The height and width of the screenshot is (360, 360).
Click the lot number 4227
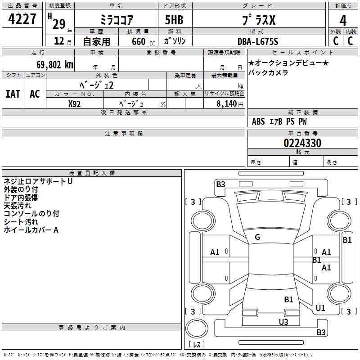tap(22, 19)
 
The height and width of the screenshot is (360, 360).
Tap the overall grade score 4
tap(343, 21)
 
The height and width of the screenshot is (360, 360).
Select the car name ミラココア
tap(116, 21)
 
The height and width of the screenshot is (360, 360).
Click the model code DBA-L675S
tap(258, 41)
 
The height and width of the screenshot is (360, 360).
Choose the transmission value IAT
tap(13, 94)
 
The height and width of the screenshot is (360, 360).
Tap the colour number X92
tap(75, 103)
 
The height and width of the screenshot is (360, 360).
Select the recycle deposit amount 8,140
tap(226, 103)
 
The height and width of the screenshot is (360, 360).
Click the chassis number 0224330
tap(302, 144)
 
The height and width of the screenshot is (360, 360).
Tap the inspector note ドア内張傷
tap(21, 198)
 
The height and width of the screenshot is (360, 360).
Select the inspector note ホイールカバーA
tap(31, 230)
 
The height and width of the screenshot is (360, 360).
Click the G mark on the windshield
tap(257, 237)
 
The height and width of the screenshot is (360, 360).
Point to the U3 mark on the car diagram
tap(283, 322)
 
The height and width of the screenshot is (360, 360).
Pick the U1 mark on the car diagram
tap(320, 308)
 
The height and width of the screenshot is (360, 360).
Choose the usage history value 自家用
tap(97, 42)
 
